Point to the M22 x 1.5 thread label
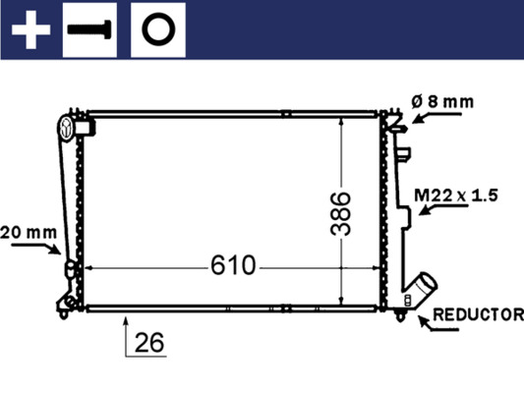[x=455, y=195]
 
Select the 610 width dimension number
[x=231, y=266]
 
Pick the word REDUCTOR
[x=478, y=315]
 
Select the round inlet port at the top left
[x=68, y=125]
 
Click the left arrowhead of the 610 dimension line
[x=90, y=266]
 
